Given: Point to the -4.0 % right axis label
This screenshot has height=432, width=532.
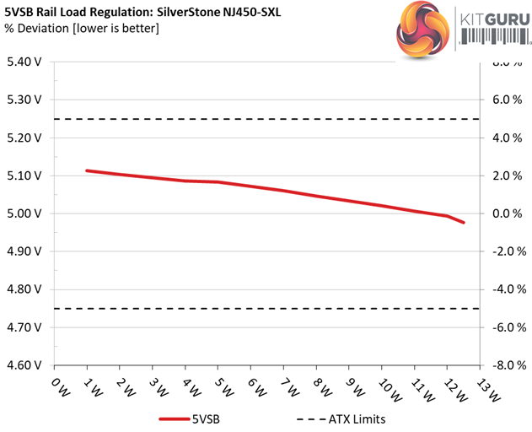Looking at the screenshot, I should [x=506, y=289].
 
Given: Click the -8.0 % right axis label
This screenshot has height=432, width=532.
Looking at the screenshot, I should [x=506, y=365].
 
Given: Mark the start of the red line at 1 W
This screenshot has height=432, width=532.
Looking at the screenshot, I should [x=87, y=170].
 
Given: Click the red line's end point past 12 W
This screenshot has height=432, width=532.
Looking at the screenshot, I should [x=464, y=223].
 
